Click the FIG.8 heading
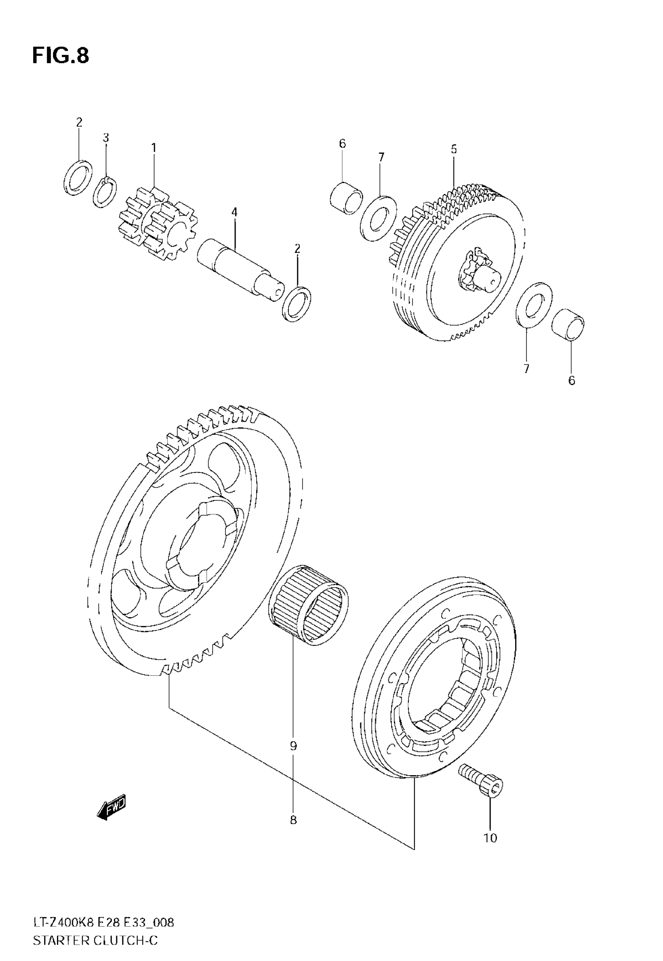click(x=61, y=56)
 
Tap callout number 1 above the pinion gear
click(x=154, y=148)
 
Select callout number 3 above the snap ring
click(x=106, y=137)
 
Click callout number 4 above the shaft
click(x=234, y=212)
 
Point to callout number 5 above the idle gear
click(x=454, y=149)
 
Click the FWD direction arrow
click(x=111, y=808)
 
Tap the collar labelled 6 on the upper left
click(x=346, y=198)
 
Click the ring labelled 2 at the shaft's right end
click(x=297, y=303)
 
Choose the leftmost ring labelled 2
click(x=78, y=178)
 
